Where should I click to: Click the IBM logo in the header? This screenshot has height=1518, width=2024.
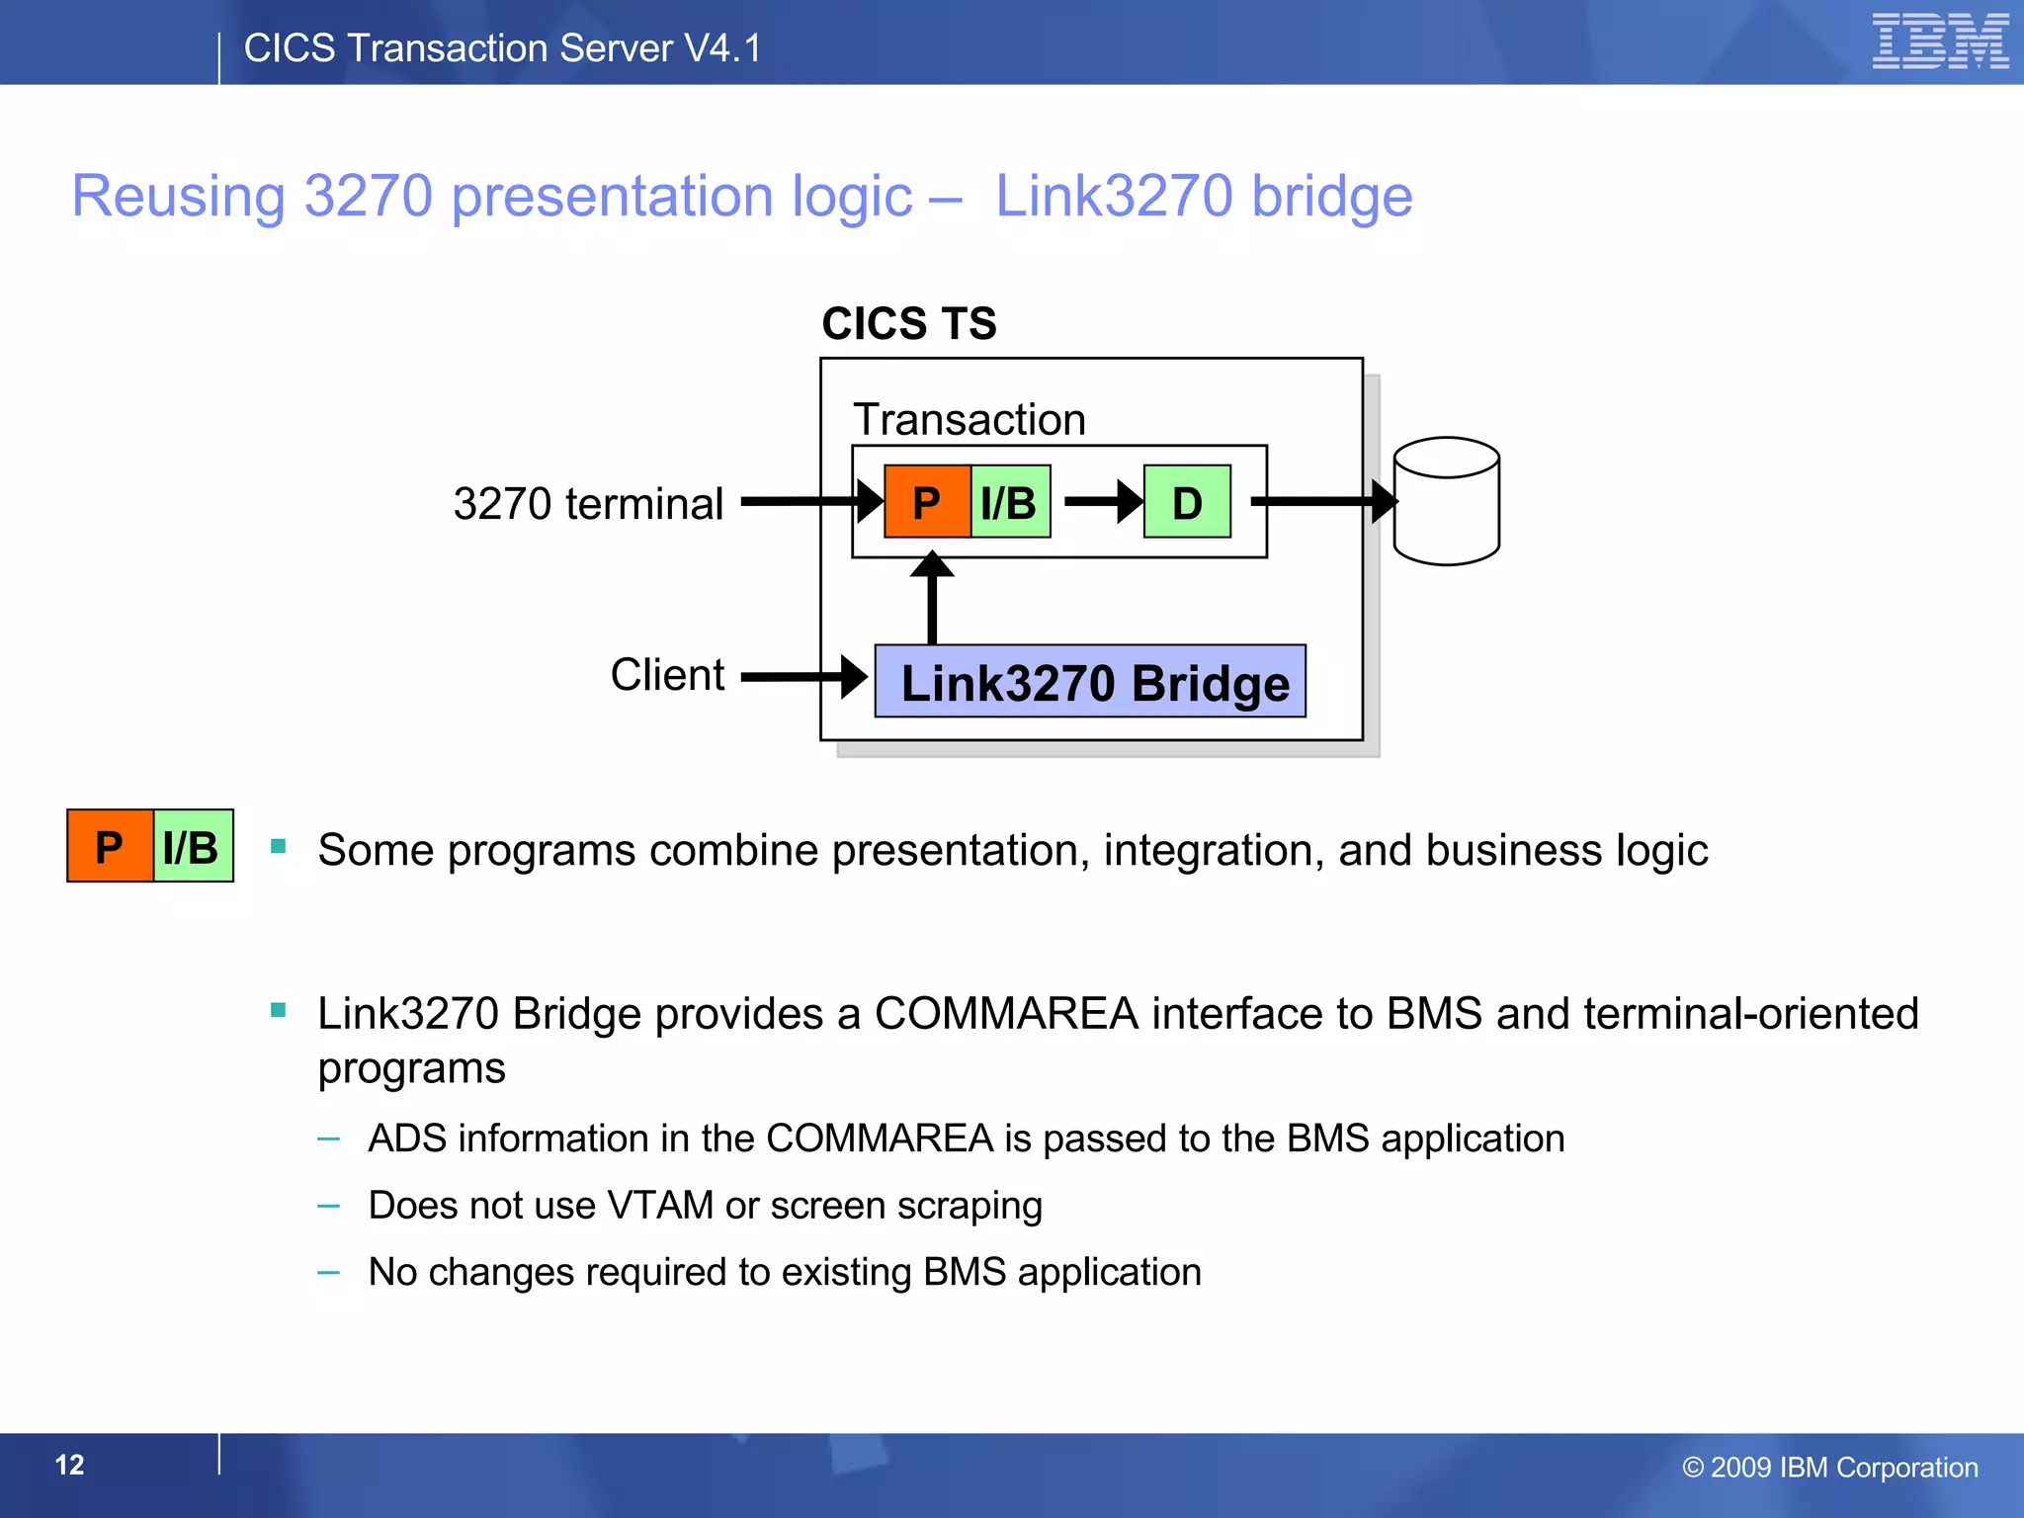click(x=1939, y=42)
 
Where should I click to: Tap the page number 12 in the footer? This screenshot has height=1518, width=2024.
click(x=69, y=1465)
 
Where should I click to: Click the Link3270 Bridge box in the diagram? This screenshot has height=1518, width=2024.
click(x=1090, y=682)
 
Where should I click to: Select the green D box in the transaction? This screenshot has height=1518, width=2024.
click(x=1187, y=502)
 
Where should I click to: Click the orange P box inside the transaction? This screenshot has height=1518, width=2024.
click(x=927, y=502)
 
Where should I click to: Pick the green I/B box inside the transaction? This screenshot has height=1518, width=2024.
click(x=1010, y=502)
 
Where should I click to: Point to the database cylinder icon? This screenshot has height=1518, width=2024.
click(x=1446, y=501)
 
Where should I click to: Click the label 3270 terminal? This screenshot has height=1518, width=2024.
click(x=588, y=504)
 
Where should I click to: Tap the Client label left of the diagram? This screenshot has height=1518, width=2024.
click(x=667, y=675)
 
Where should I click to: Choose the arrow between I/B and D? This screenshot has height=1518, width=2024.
click(x=1102, y=501)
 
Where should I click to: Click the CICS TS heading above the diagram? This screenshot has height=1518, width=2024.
click(x=909, y=324)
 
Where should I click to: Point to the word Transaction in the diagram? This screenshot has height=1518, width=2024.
click(x=970, y=420)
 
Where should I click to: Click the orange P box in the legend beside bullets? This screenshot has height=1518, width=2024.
click(x=110, y=847)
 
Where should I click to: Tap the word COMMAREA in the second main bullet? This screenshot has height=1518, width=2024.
click(x=1006, y=1014)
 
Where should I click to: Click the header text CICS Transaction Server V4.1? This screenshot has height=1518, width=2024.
click(x=502, y=48)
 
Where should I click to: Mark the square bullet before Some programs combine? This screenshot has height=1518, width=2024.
click(x=279, y=846)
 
